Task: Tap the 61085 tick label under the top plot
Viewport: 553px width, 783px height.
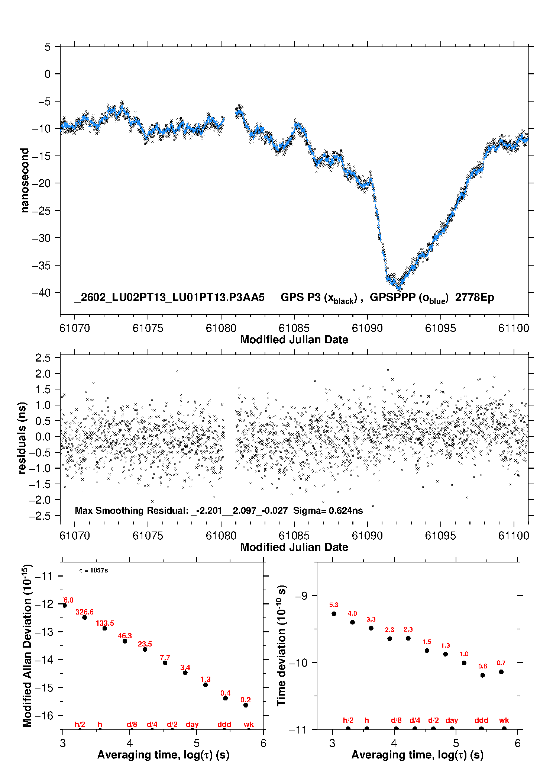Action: tap(294, 328)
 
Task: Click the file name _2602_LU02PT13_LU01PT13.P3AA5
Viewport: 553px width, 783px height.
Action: tap(169, 298)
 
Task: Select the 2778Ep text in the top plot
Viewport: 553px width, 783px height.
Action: tap(475, 298)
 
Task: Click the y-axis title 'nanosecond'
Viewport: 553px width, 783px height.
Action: tap(25, 180)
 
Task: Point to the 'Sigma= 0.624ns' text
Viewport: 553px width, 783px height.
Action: tap(328, 510)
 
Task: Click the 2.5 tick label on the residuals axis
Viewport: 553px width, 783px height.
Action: tap(43, 358)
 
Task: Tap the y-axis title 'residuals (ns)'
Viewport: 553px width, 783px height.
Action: tap(22, 438)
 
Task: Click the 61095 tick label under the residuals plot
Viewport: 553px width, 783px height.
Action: tap(440, 536)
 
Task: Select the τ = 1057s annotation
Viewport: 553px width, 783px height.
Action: tap(94, 571)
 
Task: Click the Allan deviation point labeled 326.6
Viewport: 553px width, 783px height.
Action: tap(84, 617)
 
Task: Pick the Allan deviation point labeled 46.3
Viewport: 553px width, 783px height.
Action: tap(125, 641)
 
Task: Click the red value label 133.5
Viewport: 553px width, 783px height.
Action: tap(105, 623)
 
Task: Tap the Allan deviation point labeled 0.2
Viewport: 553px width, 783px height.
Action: tap(246, 705)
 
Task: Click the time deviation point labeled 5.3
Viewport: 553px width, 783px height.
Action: tap(334, 614)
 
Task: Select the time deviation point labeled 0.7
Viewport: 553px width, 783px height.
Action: tap(501, 672)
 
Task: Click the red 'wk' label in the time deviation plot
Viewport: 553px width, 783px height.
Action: tap(504, 720)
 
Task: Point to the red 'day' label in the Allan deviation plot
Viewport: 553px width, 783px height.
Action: tap(192, 724)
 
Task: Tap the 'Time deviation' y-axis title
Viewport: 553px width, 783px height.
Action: tap(282, 645)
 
